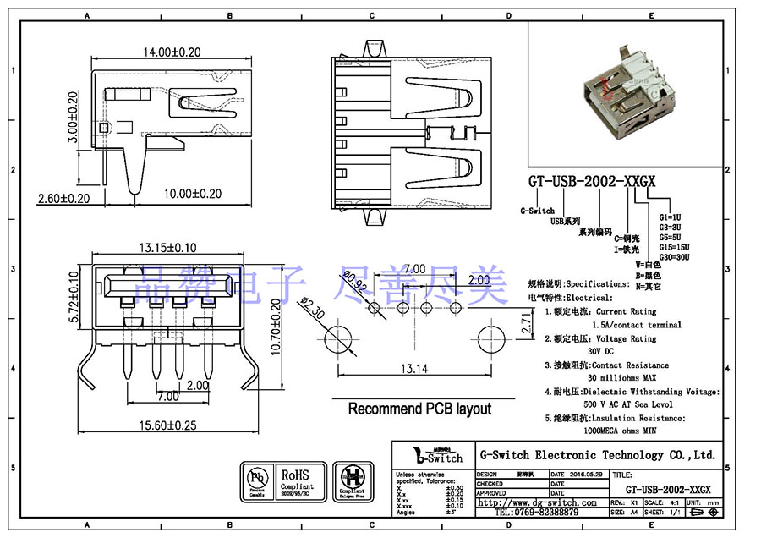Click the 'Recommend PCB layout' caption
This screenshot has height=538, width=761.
pos(419,409)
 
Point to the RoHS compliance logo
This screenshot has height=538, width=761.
pos(296,480)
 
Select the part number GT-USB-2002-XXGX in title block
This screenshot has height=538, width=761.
pos(667,490)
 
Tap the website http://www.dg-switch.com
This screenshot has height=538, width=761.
pos(536,502)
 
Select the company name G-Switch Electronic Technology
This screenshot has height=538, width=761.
pos(597,455)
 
